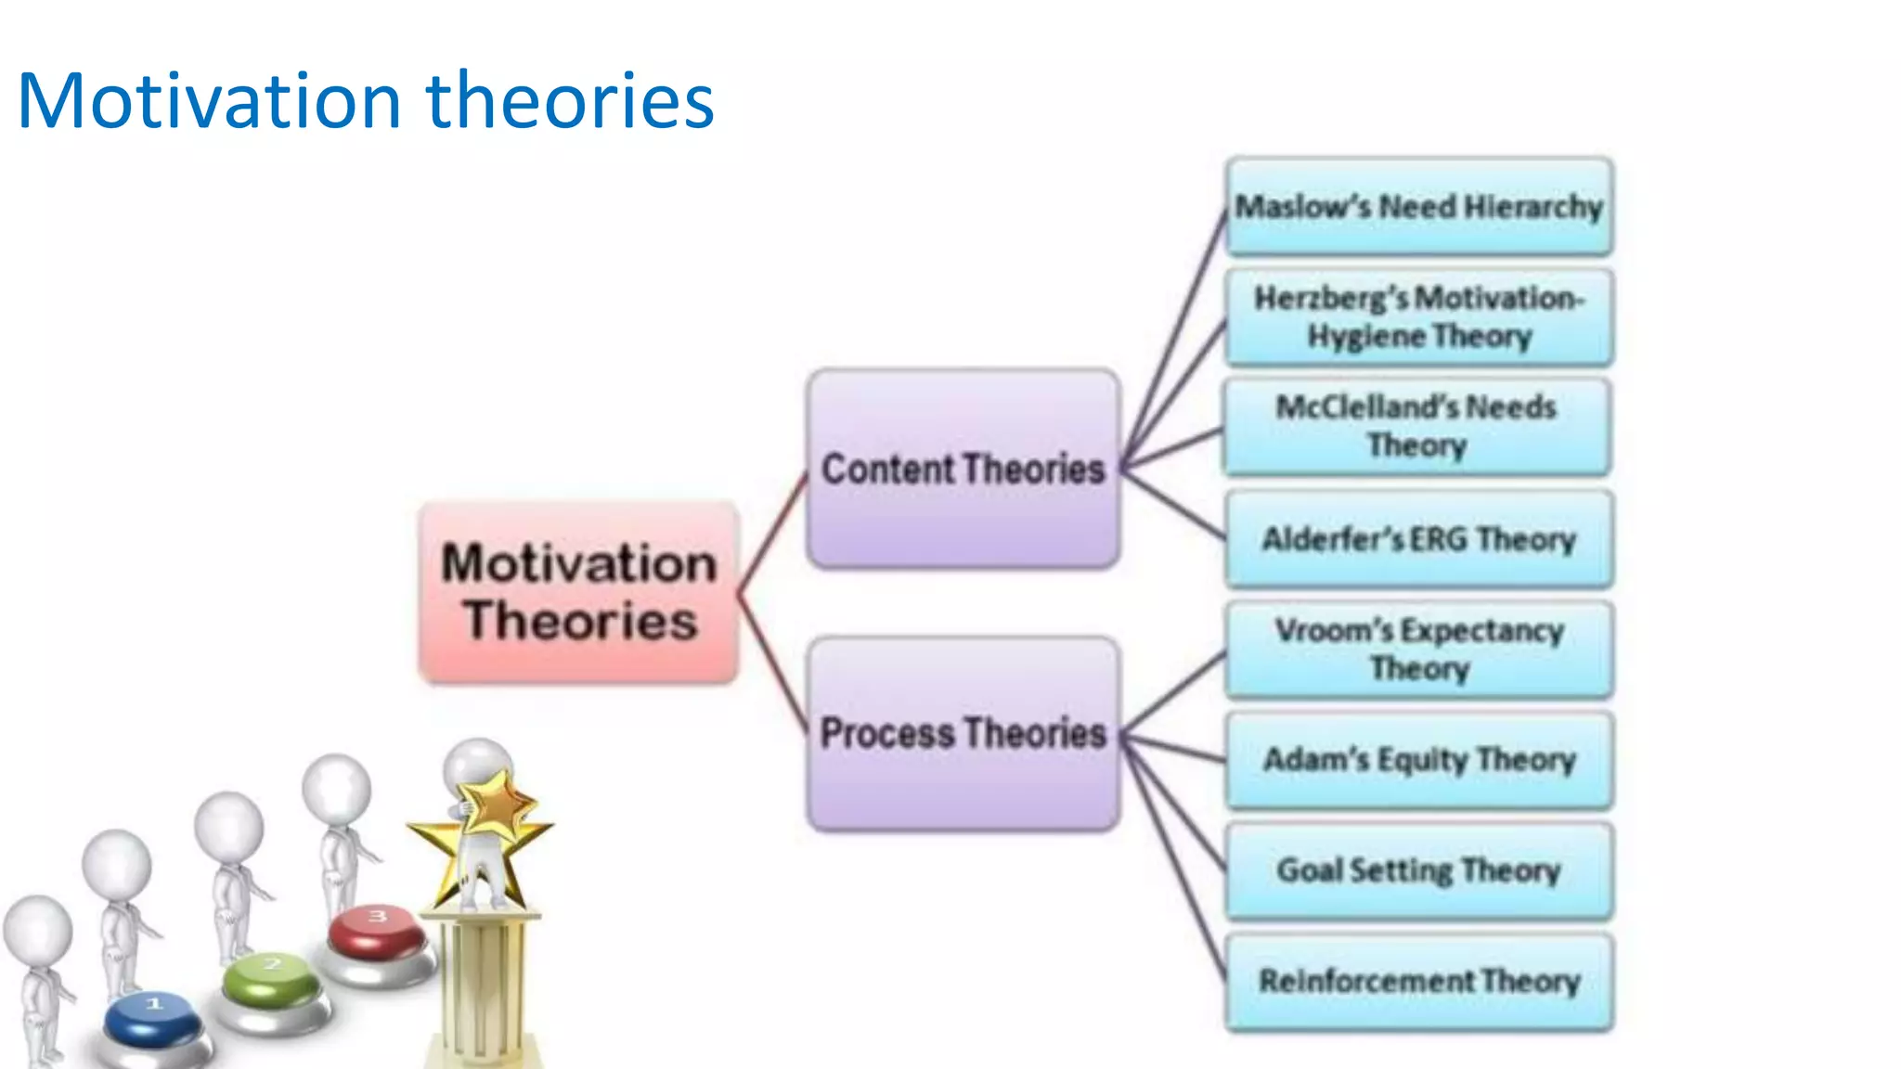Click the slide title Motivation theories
tap(366, 100)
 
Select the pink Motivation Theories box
tap(579, 592)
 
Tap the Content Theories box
tap(963, 469)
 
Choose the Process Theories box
tap(963, 733)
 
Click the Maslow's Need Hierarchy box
tap(1418, 206)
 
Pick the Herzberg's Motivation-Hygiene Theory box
tap(1418, 316)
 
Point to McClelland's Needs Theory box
tap(1416, 426)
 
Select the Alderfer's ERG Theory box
tap(1418, 539)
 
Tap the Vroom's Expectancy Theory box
tap(1418, 650)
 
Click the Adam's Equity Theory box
tap(1418, 760)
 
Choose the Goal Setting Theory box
tap(1418, 870)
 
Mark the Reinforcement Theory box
tap(1418, 982)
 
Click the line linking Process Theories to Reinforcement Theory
tap(1174, 863)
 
